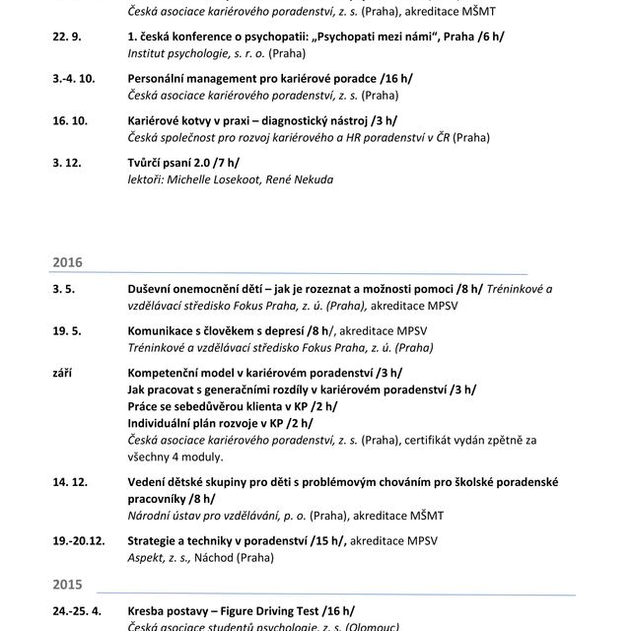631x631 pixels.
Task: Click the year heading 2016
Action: coord(66,263)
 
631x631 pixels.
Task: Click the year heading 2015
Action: coord(66,584)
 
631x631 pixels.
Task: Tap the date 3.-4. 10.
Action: coord(74,78)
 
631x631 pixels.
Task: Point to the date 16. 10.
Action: coord(70,121)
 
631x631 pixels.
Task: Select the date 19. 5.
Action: coord(65,331)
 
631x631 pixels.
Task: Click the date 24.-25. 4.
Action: coord(77,610)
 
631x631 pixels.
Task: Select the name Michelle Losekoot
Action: coord(209,179)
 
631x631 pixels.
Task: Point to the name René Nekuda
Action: coord(300,179)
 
